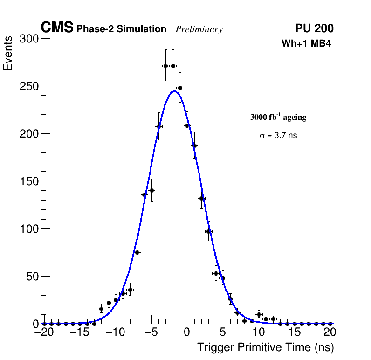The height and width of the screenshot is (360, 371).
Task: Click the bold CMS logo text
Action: [x=57, y=28]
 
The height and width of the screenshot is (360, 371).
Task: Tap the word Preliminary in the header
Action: [x=199, y=29]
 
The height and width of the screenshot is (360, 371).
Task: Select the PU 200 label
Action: [x=314, y=28]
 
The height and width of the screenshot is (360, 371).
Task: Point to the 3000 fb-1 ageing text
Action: [x=278, y=117]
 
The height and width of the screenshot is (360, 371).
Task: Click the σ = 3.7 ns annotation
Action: [x=278, y=136]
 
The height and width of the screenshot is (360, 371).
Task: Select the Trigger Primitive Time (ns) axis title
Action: [x=265, y=347]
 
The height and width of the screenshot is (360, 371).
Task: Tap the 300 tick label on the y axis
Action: [x=29, y=39]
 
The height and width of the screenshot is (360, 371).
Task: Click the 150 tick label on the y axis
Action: [x=29, y=181]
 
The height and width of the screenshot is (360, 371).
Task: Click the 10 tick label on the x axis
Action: [x=259, y=332]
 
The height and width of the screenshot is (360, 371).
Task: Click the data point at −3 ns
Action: [x=165, y=66]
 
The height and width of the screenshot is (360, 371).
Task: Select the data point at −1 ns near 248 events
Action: [x=180, y=88]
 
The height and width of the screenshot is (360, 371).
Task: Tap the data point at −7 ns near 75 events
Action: [x=137, y=252]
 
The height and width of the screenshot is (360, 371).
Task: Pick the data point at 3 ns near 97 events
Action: [x=209, y=231]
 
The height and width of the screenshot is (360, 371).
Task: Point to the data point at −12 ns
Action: [x=101, y=309]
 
